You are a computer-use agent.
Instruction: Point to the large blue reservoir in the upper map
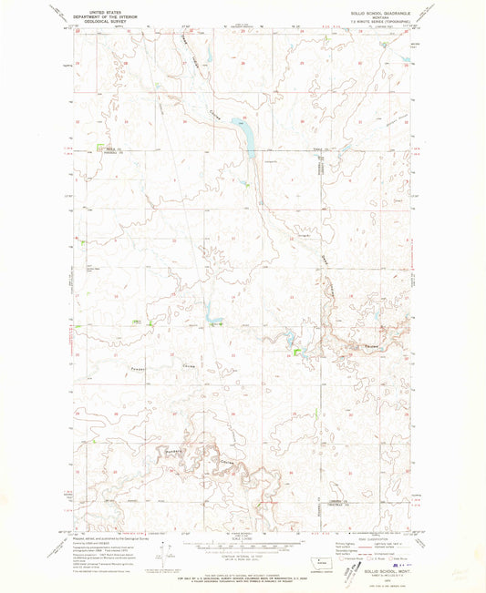click(x=244, y=135)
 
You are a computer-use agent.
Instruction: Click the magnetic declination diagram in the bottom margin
click(x=162, y=553)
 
